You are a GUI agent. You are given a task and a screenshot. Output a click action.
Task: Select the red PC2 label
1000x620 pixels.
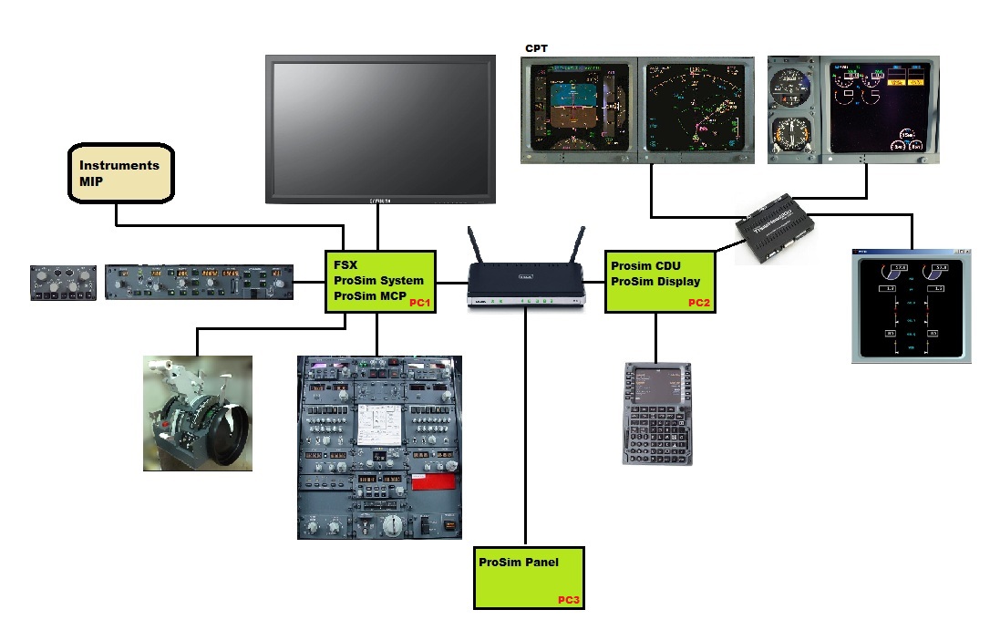(699, 303)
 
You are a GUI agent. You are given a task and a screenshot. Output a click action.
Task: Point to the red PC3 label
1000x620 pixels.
(569, 600)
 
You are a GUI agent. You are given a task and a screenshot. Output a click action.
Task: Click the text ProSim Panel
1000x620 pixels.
(519, 563)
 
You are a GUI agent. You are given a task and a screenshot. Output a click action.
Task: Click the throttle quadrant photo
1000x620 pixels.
(198, 413)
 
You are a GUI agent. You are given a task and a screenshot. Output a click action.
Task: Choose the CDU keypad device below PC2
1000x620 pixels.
(657, 413)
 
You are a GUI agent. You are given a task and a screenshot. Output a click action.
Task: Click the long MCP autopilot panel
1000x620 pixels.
(199, 282)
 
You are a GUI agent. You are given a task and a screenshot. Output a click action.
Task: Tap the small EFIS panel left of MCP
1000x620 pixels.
(62, 282)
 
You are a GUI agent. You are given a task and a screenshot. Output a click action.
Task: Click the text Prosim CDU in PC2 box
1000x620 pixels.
(645, 265)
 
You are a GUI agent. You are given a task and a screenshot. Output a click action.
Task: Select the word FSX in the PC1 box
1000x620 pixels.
(345, 265)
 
